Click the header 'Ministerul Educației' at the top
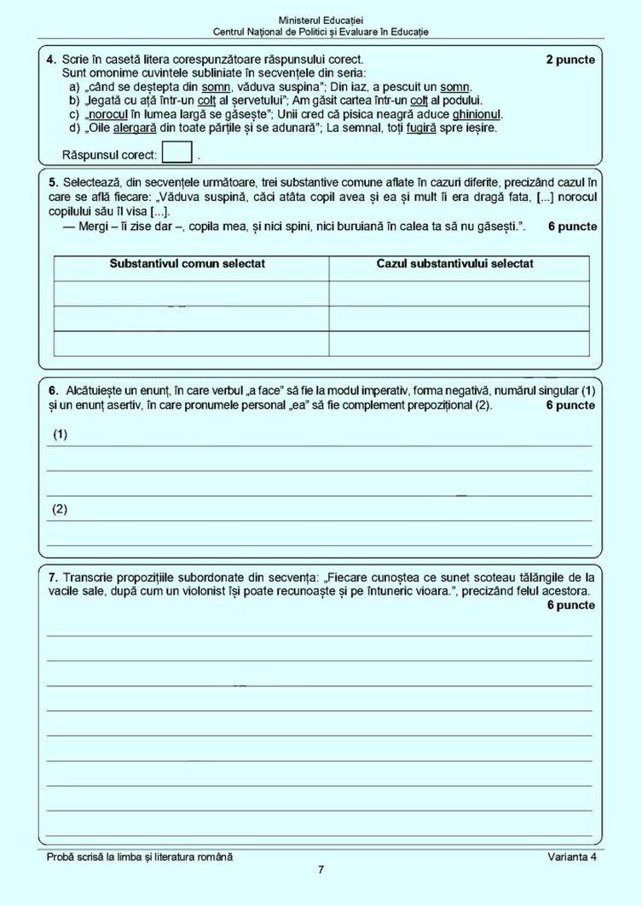(x=321, y=20)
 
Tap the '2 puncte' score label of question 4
(x=570, y=60)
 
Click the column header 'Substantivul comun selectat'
(x=188, y=264)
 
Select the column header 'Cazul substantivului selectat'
(x=455, y=264)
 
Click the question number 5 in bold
(x=53, y=182)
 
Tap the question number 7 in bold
(x=53, y=577)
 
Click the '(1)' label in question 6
(x=60, y=434)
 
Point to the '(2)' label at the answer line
(x=60, y=509)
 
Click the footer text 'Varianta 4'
(x=572, y=857)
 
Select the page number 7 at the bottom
(x=321, y=870)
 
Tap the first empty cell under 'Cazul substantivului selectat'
(x=459, y=294)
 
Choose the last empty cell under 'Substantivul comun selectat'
(x=191, y=343)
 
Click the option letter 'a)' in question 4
(x=75, y=87)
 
